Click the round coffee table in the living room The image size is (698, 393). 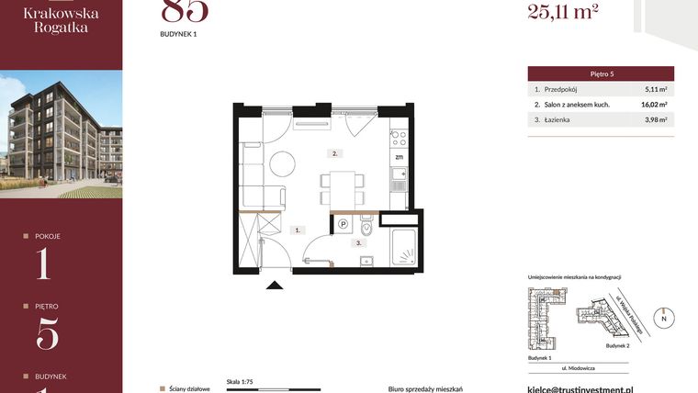(284, 164)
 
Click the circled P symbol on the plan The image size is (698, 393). (343, 223)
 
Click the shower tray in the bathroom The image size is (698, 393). (404, 247)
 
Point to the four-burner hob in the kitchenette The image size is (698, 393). (399, 139)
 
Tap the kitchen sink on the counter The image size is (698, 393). (399, 174)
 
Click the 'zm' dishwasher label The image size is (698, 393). (400, 156)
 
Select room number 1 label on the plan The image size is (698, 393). (297, 230)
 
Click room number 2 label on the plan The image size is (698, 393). (336, 153)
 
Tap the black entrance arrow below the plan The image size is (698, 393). (273, 287)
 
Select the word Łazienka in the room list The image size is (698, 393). (559, 119)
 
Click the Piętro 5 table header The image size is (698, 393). (601, 73)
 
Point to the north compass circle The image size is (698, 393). (664, 318)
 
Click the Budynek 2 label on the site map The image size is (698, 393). (618, 347)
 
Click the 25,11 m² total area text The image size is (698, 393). (563, 11)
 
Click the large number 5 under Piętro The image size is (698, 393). (47, 332)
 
